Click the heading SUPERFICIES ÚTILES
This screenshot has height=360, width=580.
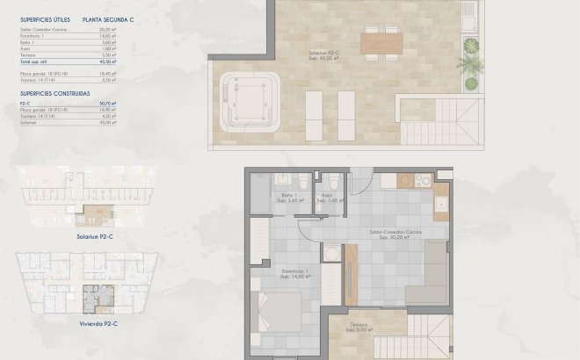pos(43,18)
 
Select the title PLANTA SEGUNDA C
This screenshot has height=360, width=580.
pos(109,18)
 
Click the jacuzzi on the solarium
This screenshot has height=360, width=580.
pos(250,91)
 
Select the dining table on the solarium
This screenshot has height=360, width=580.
pos(380,40)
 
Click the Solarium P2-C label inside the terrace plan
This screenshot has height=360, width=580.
pos(324,55)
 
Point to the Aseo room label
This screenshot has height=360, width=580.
pos(327,198)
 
